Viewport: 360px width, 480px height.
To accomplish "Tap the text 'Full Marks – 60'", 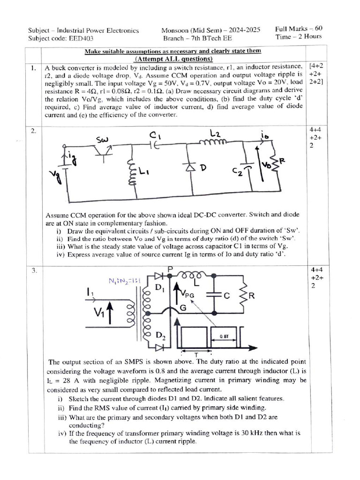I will [299, 29].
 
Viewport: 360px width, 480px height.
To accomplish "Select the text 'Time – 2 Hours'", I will [299, 37].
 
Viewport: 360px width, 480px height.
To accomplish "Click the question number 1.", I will [33, 68].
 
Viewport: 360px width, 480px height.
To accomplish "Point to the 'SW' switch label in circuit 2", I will [102, 140].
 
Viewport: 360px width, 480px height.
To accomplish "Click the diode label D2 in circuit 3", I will [160, 336].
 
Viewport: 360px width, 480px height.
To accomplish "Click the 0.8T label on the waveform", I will [224, 336].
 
